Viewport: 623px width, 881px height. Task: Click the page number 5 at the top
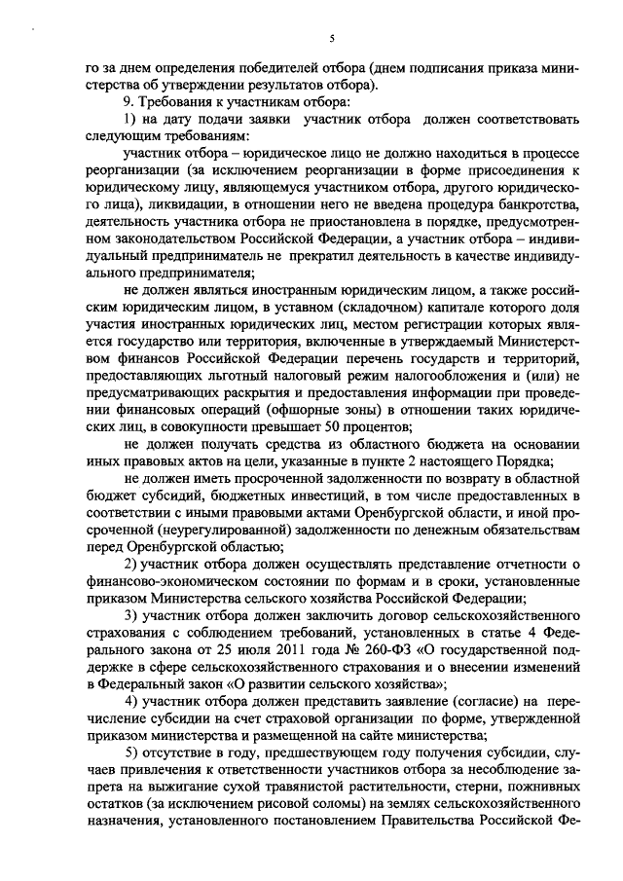pos(332,38)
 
